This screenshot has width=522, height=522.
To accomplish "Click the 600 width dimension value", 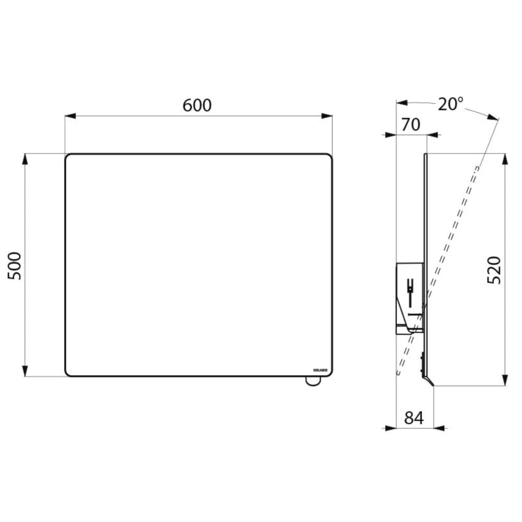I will (197, 105).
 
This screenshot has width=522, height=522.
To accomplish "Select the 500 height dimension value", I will (16, 265).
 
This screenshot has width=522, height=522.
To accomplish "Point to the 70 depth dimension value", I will (411, 125).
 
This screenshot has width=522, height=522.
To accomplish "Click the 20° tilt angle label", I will (450, 104).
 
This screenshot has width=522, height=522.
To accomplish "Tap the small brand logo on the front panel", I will (320, 370).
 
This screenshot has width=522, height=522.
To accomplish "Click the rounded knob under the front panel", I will (312, 381).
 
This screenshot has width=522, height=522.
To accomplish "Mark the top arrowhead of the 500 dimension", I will (25, 158).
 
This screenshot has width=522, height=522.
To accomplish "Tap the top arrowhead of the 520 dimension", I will (505, 158).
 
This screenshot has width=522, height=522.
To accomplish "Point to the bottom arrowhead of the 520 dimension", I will (505, 381).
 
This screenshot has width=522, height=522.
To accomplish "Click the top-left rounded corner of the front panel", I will (67, 156).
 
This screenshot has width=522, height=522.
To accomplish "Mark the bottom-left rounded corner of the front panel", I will (67, 373).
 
